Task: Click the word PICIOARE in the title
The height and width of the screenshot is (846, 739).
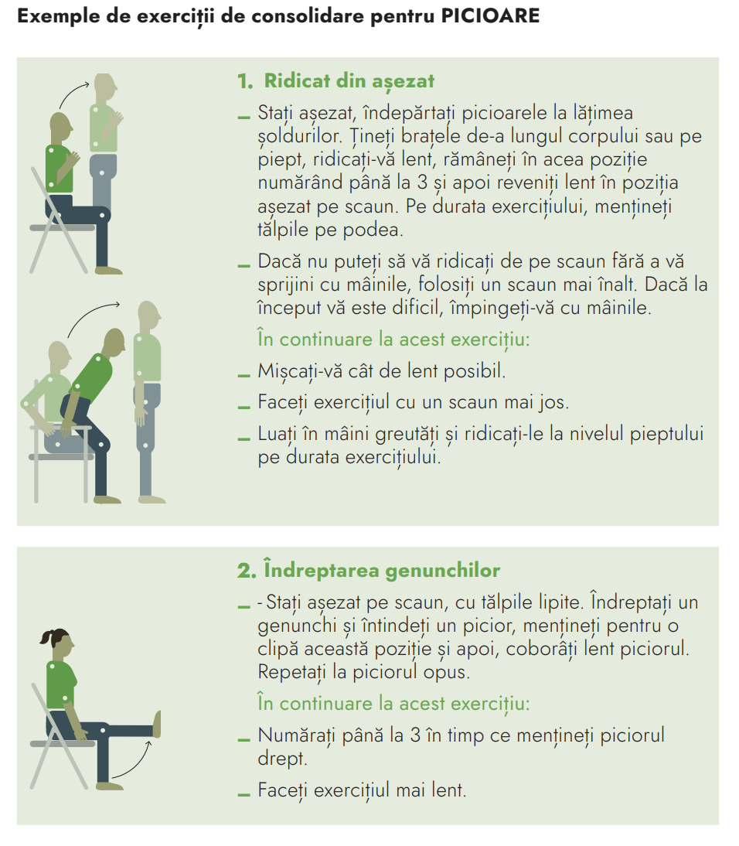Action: coord(490,15)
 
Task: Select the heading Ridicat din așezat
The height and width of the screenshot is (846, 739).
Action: coord(349,81)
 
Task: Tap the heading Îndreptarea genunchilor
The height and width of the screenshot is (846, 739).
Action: coord(382,570)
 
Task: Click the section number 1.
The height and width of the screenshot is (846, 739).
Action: coord(245,81)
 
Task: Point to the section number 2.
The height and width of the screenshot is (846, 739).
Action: coord(247,571)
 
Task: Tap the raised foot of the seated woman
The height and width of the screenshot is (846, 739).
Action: coord(157,724)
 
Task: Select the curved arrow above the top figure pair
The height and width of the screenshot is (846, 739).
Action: coord(73,94)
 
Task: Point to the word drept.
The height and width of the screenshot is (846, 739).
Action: coord(282,759)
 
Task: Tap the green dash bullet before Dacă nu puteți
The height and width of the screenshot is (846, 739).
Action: coord(243,265)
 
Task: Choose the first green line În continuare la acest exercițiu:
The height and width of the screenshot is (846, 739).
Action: coord(393,340)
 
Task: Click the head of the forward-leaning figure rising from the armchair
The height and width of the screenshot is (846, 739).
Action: coord(114,342)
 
